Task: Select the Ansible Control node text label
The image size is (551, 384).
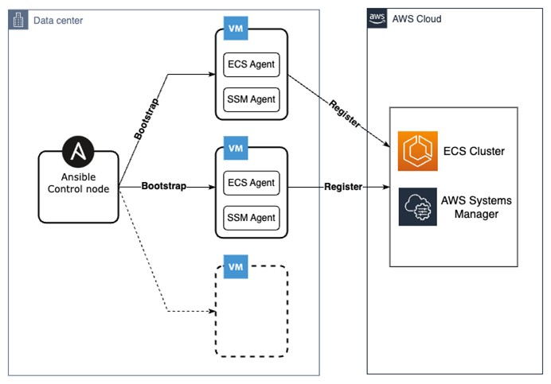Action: (x=79, y=183)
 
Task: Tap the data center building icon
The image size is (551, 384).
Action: (x=18, y=20)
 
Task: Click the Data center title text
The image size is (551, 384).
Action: (x=57, y=20)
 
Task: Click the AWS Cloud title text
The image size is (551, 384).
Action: (x=416, y=19)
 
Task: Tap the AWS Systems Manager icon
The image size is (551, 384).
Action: (x=418, y=207)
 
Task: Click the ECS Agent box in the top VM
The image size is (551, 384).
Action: (x=252, y=65)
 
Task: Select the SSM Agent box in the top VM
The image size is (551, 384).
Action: (x=252, y=99)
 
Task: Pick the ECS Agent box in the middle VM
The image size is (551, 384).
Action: (x=252, y=183)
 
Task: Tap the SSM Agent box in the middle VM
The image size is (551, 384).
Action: (x=252, y=217)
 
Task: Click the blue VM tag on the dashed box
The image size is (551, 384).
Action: (x=235, y=267)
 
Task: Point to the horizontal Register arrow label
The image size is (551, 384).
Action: (x=343, y=187)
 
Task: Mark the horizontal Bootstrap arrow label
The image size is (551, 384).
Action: (x=164, y=186)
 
